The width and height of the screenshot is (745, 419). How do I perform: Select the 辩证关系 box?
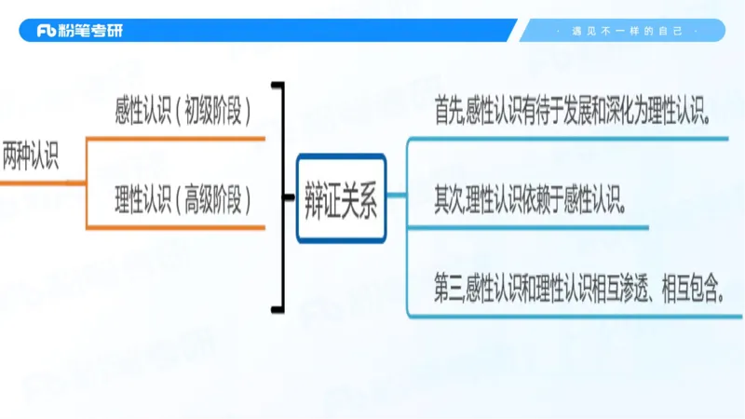pos(341,197)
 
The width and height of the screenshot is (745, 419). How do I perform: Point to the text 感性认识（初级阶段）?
pos(183,113)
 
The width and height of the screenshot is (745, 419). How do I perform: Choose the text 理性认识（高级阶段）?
pos(183,198)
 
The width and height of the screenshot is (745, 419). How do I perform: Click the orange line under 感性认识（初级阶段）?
pos(177,139)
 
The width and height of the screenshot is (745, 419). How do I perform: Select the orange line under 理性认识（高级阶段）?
pos(177,226)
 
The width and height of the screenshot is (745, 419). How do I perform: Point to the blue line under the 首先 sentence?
pos(568,140)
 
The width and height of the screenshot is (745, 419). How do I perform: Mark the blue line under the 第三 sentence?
pos(575,316)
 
